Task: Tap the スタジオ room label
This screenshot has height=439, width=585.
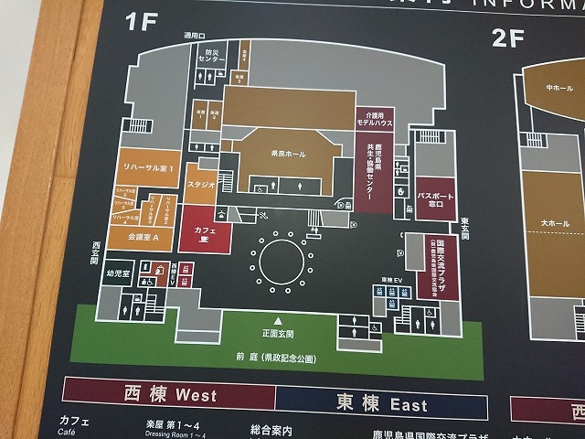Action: coord(201,185)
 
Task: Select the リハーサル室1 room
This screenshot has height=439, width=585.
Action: coord(148,170)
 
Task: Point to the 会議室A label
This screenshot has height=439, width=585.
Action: coord(144,237)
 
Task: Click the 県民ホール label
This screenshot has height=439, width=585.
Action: coord(289,154)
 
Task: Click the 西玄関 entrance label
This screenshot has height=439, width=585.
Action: coord(95,252)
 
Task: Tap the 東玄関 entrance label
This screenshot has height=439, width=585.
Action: coord(465,227)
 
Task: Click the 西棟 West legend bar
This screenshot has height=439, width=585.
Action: coord(169,395)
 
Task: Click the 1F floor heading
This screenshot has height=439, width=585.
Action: coord(142,22)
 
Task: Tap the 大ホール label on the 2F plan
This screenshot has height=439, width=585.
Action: coord(555,222)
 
